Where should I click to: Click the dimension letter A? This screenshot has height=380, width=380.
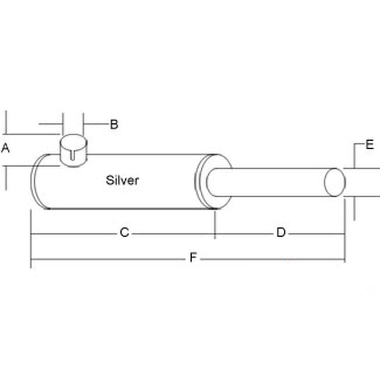click(x=5, y=148)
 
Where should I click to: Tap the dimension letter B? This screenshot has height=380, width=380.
click(x=114, y=124)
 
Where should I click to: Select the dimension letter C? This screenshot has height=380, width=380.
click(x=124, y=232)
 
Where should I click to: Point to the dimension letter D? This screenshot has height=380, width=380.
click(x=281, y=232)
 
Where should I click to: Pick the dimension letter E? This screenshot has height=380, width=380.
click(x=370, y=145)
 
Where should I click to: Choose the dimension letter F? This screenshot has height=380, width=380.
click(x=193, y=258)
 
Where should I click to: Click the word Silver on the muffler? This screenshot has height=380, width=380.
click(x=122, y=180)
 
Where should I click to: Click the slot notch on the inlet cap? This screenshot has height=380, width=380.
click(x=73, y=156)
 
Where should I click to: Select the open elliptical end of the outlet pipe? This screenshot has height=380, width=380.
click(x=335, y=182)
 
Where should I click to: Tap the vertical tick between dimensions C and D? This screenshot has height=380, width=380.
click(x=215, y=226)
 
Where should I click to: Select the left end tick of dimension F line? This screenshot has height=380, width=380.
click(x=31, y=260)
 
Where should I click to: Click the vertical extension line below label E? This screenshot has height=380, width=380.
click(x=354, y=208)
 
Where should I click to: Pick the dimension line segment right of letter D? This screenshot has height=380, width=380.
click(x=315, y=233)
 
